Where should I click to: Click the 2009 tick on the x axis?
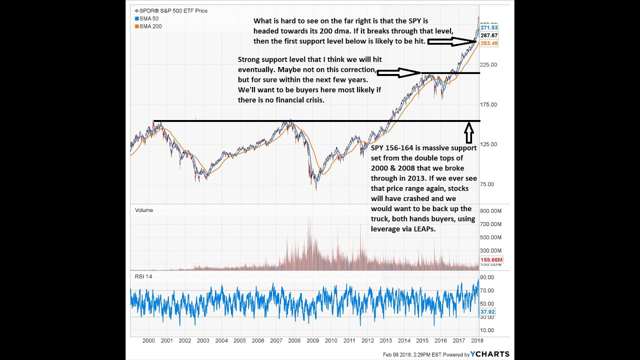pyautogui.click(x=312, y=340)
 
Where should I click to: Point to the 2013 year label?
pyautogui.click(x=385, y=340)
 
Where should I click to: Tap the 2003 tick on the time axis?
pyautogui.click(x=203, y=340)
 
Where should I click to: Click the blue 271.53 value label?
pyautogui.click(x=489, y=27)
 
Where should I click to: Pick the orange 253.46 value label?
pyautogui.click(x=489, y=43)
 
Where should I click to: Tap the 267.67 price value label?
pyautogui.click(x=489, y=35)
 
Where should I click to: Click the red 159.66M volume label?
pyautogui.click(x=491, y=260)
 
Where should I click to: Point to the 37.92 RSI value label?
pyautogui.click(x=487, y=312)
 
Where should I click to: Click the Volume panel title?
pyautogui.click(x=144, y=210)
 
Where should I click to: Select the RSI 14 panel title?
pyautogui.click(x=143, y=276)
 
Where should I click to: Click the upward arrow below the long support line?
pyautogui.click(x=469, y=133)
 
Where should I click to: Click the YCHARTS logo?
pyautogui.click(x=489, y=354)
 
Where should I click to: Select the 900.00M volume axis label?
pyautogui.click(x=491, y=210)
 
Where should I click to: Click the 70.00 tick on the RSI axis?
pyautogui.click(x=487, y=290)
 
